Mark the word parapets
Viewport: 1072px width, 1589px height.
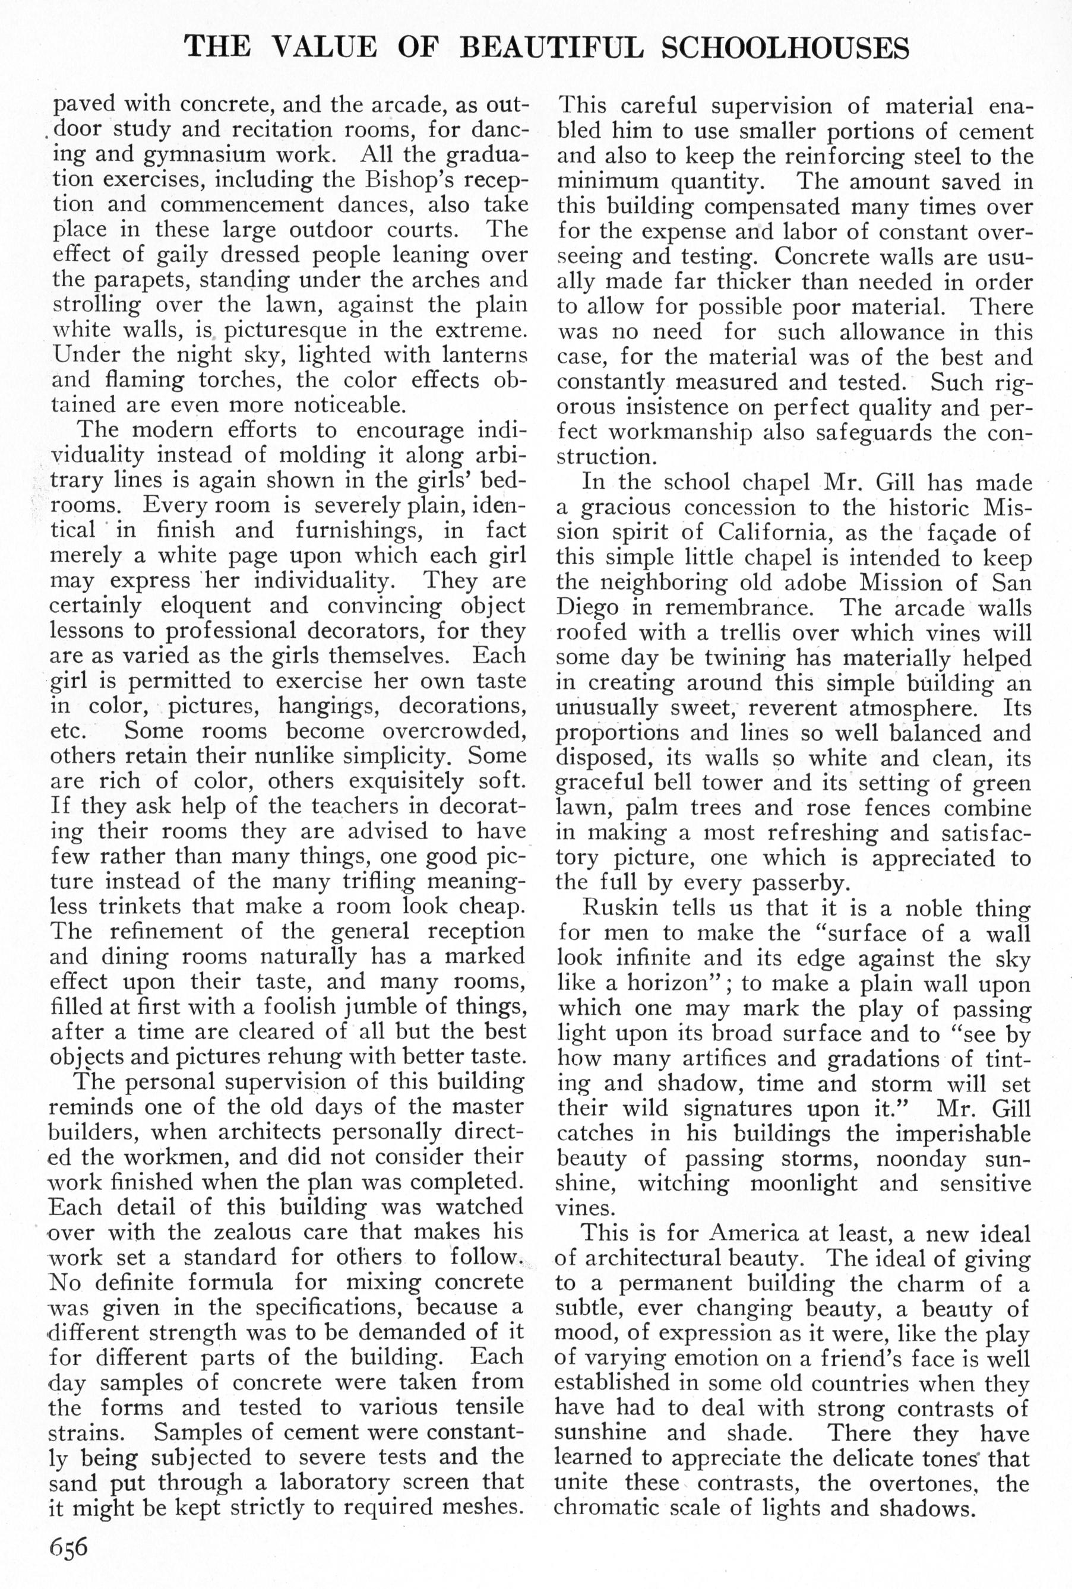pyautogui.click(x=130, y=280)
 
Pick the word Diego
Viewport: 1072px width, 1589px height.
pyautogui.click(x=591, y=607)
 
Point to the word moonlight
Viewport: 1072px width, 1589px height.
pyautogui.click(x=804, y=1183)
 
